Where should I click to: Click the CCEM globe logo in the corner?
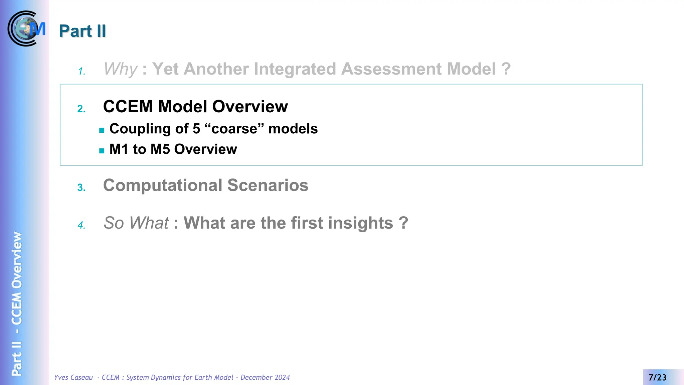(26, 29)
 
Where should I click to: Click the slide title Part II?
(82, 31)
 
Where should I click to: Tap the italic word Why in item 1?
(120, 69)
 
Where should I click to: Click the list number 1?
(81, 72)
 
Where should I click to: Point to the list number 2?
(81, 109)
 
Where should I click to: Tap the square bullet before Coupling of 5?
(102, 130)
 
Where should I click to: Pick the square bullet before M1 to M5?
(102, 151)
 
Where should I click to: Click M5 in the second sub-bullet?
(160, 149)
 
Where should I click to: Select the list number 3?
(81, 188)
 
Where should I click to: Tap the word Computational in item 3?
(163, 185)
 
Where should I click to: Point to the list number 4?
(81, 225)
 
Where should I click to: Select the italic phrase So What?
(136, 223)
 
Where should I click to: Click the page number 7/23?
(657, 377)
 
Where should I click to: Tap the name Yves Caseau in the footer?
(73, 377)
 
